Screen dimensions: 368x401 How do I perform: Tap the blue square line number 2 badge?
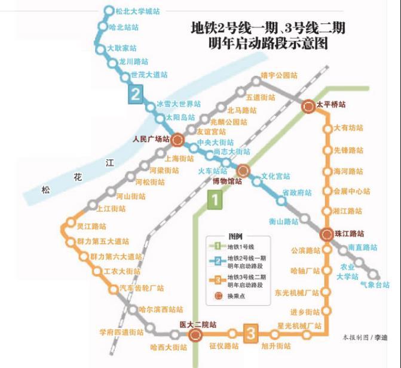coord(136,94)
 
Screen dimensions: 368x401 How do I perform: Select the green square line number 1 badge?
coord(214,200)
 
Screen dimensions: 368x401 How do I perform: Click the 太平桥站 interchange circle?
coord(308,107)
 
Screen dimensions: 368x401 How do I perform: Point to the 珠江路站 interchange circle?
coord(326,234)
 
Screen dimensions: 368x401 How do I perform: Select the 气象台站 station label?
coord(375,285)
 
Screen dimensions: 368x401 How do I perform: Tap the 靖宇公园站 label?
coord(279,76)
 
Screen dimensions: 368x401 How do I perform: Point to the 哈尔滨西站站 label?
coord(161,310)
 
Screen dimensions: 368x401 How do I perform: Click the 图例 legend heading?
coord(235,236)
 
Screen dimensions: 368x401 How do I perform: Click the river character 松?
coord(46,190)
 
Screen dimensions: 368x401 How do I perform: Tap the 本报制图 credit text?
coord(357,338)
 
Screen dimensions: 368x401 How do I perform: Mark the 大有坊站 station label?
coord(348,128)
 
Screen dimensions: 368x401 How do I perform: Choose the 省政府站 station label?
coord(297,193)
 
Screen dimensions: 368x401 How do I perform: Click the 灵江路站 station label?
coord(91,227)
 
